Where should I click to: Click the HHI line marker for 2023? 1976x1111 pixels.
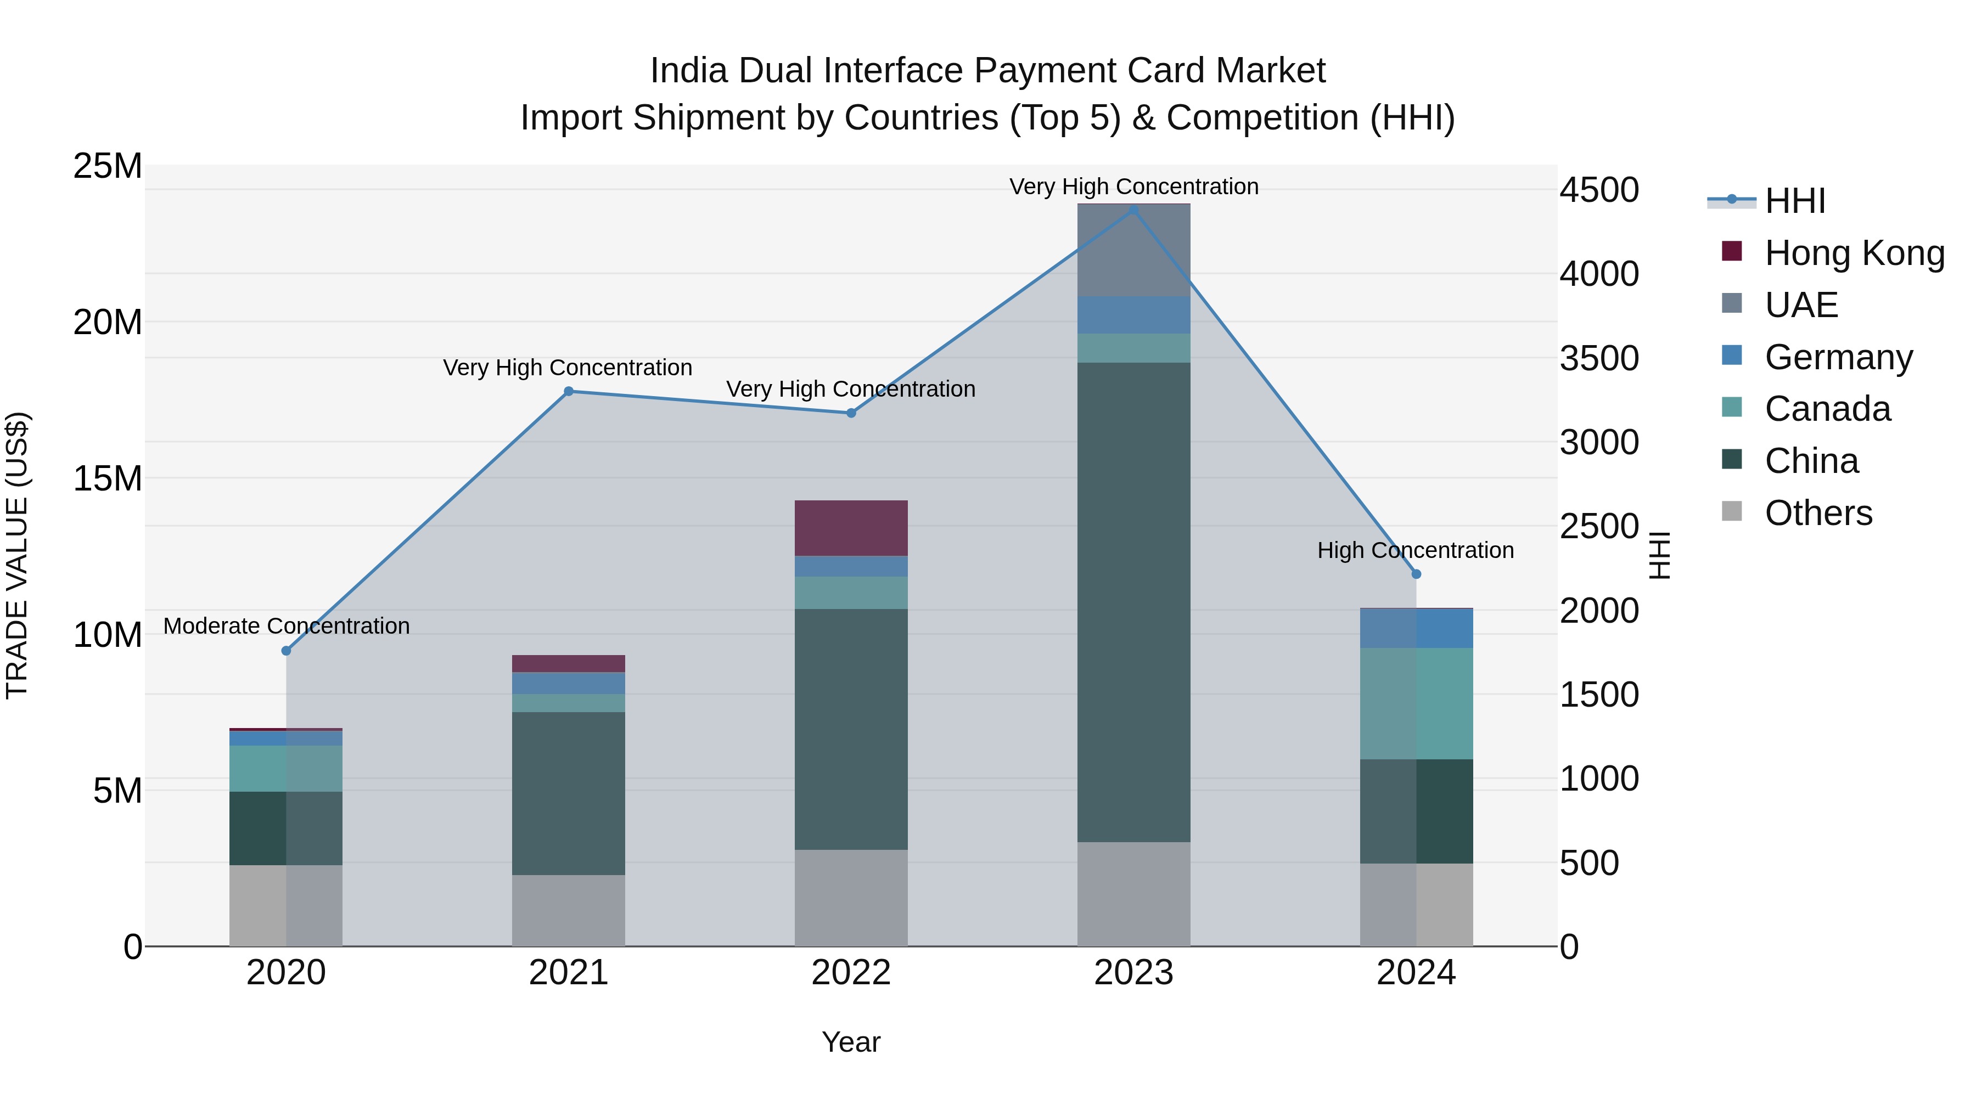(1134, 210)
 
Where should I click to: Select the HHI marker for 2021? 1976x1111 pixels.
(569, 391)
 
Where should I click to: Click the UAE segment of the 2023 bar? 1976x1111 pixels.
(1134, 250)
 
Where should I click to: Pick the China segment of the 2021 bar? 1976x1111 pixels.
(569, 793)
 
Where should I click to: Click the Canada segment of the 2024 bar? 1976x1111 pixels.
(1416, 703)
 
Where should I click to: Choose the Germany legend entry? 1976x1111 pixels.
(1838, 357)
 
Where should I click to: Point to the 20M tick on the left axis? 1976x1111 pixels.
(108, 322)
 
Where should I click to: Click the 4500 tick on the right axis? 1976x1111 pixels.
(1599, 190)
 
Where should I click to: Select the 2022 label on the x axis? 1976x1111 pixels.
(851, 973)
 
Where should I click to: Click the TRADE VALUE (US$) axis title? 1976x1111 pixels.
(17, 555)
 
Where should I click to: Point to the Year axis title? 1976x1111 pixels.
(851, 1042)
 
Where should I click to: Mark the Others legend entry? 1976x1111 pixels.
(1818, 513)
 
